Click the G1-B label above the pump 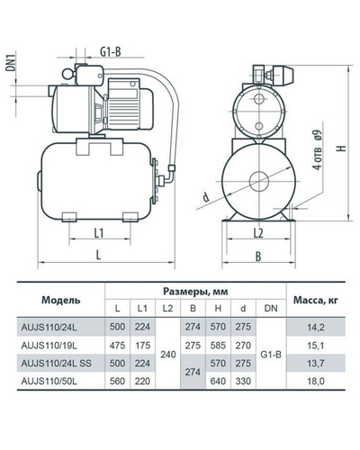click(x=111, y=51)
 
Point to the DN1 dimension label click(x=12, y=61)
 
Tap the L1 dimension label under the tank click(x=99, y=233)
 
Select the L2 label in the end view click(x=258, y=233)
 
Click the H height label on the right click(x=343, y=148)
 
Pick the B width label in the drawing click(x=258, y=256)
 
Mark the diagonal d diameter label click(x=206, y=197)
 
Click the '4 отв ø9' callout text click(x=317, y=150)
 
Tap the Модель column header click(x=61, y=300)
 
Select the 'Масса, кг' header click(x=315, y=300)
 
